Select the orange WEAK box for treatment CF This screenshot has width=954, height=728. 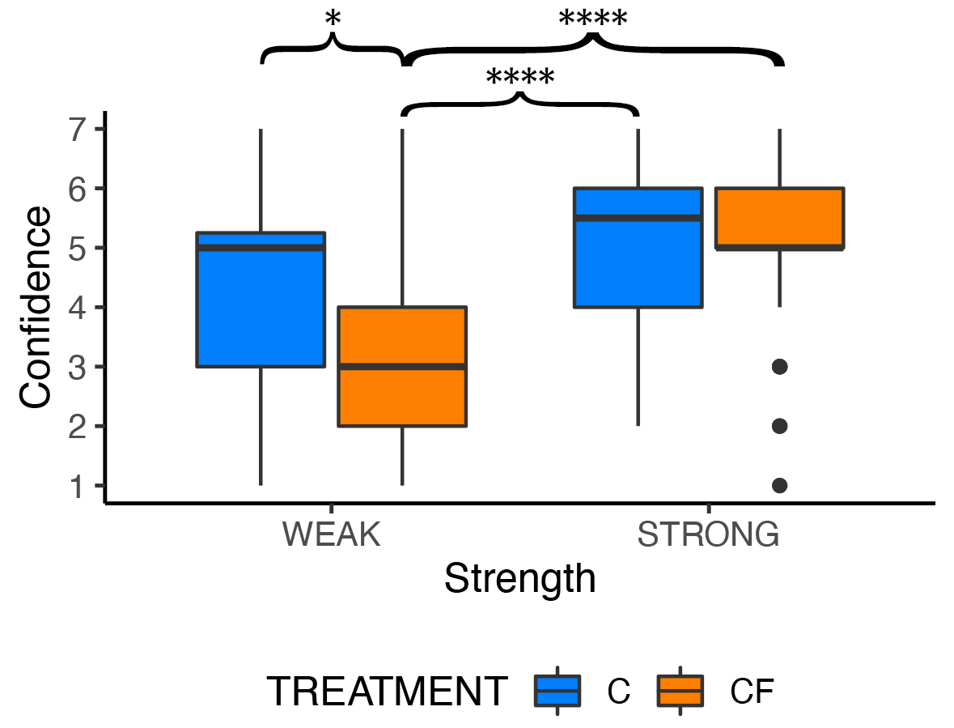point(402,397)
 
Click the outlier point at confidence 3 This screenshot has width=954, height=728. point(779,367)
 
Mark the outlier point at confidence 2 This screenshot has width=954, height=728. point(779,426)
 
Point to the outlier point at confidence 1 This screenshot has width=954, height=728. point(779,485)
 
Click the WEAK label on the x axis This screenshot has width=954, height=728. point(332,535)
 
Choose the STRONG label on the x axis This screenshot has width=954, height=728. point(708,535)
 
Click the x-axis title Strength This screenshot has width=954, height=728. point(519,580)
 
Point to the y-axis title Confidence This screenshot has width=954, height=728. point(36,308)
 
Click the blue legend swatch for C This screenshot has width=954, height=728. point(558,691)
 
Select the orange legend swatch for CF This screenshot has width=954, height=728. point(680,691)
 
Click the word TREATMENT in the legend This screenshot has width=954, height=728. point(388,692)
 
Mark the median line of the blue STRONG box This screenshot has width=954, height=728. point(638,218)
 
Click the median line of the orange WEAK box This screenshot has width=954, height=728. point(402,367)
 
